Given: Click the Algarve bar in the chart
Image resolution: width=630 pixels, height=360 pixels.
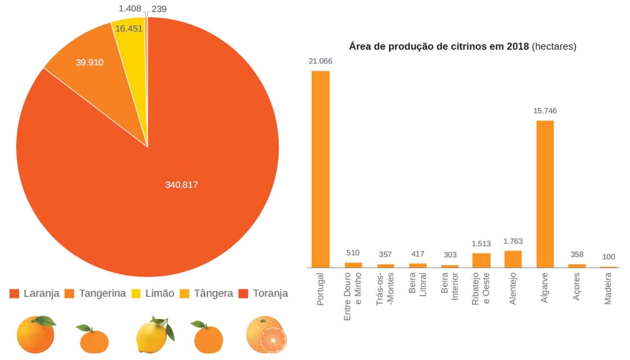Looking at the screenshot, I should tap(545, 194).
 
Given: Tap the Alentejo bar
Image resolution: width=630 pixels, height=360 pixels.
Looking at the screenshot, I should tap(513, 259).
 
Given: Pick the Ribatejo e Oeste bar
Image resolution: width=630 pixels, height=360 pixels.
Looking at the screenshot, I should tap(481, 260).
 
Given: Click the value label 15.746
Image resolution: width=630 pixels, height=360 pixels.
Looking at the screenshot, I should tap(545, 111).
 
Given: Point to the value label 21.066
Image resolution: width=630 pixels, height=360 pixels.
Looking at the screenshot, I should tap(320, 61).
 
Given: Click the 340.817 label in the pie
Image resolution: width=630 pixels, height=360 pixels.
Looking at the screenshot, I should tap(181, 185).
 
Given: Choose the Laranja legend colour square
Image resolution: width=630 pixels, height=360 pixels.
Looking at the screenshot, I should tap(15, 294).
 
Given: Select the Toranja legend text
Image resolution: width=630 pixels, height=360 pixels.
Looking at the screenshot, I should tap(270, 294).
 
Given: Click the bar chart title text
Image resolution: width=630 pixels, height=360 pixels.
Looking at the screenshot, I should tap(462, 46).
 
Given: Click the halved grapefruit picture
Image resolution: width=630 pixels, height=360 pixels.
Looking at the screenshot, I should tap(266, 335).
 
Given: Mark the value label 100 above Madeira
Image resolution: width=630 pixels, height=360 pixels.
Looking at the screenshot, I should tap(609, 257).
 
